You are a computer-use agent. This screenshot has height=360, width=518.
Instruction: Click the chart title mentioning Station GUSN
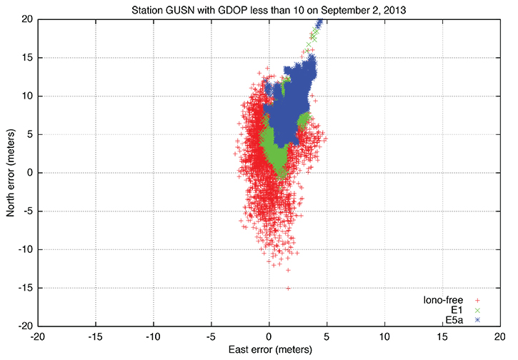269,9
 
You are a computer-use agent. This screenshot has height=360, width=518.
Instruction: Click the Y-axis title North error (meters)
10,172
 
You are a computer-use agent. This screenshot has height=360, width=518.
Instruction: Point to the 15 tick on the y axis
26,58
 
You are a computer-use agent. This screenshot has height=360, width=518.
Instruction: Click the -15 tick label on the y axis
25,288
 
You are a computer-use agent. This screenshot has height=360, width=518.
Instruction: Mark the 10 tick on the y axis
26,96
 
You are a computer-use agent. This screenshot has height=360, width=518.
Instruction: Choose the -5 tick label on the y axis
27,211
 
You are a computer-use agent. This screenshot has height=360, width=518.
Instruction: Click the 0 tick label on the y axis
29,173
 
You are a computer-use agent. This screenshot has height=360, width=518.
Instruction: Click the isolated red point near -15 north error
288,288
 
